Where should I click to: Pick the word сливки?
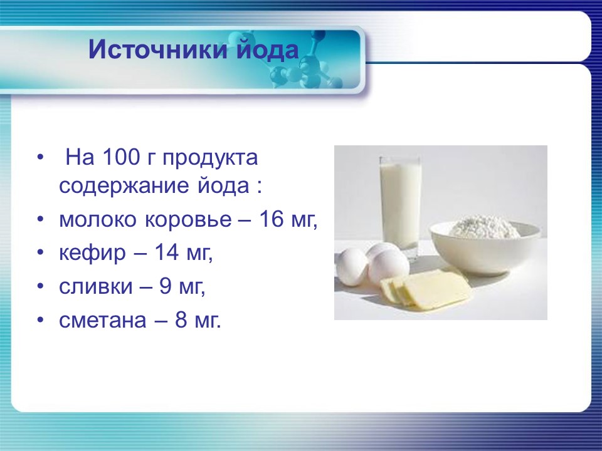pyautogui.click(x=96, y=288)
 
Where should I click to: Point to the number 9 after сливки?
pyautogui.click(x=165, y=288)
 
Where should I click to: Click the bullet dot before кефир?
pyautogui.click(x=41, y=254)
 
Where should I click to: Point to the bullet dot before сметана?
pyautogui.click(x=41, y=321)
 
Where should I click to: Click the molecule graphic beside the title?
pyautogui.click(x=307, y=63)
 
